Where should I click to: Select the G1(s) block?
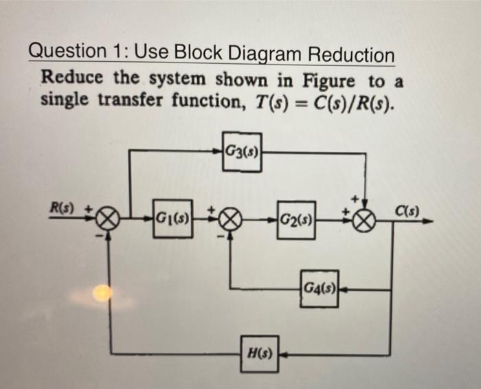(x=172, y=221)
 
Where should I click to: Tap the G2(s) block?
(x=296, y=221)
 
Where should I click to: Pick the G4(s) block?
(x=320, y=289)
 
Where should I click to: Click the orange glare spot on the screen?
(x=102, y=293)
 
